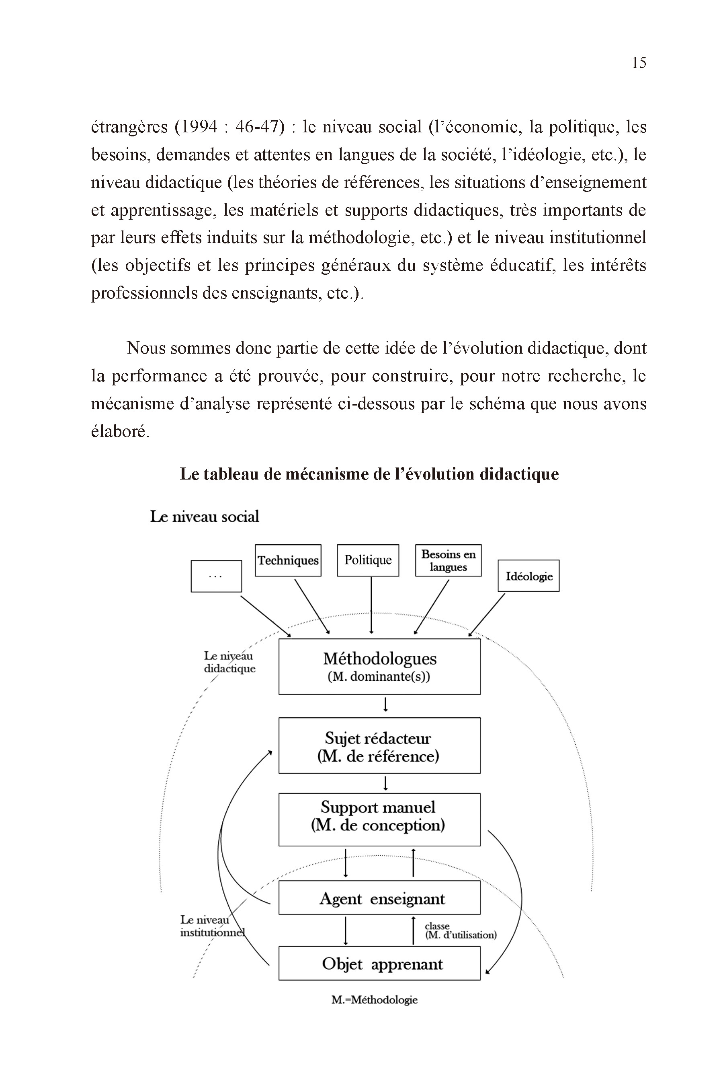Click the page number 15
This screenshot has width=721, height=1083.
pos(639,63)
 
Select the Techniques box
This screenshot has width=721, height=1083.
pos(288,560)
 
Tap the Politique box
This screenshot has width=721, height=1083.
pos(368,560)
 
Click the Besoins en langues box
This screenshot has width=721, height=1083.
pos(449,560)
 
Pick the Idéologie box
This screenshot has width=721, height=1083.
pos(528,576)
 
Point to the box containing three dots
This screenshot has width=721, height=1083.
pos(216,576)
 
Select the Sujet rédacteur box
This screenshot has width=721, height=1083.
pos(379,747)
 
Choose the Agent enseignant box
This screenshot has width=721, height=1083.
pos(379,898)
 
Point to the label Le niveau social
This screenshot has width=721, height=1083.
pos(205,517)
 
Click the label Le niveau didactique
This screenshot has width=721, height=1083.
pos(229,662)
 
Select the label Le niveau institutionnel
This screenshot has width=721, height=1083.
pos(211,926)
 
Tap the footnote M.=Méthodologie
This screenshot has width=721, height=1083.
pos(374,1000)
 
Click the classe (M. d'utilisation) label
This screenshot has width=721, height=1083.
pos(460,931)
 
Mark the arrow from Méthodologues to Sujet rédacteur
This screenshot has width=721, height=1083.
pos(386,705)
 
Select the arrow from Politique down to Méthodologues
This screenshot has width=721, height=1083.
pos(371,605)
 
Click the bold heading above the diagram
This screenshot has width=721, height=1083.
pos(369,474)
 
